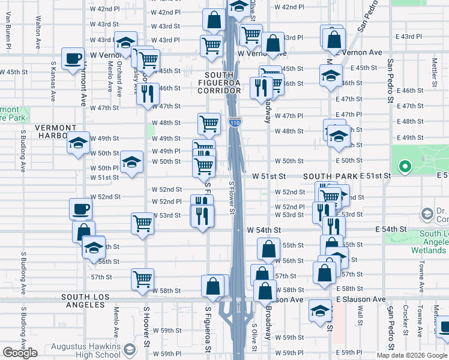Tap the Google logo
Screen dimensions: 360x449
point(20,353)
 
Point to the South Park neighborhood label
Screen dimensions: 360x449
point(330,176)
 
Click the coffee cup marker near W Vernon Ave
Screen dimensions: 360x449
point(73,59)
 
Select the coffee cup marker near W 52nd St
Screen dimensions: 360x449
point(81,209)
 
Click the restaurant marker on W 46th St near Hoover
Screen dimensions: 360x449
point(148,94)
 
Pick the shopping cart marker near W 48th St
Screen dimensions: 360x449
point(209,124)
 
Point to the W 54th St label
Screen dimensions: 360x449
point(264,230)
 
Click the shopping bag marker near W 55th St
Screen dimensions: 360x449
point(269,248)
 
